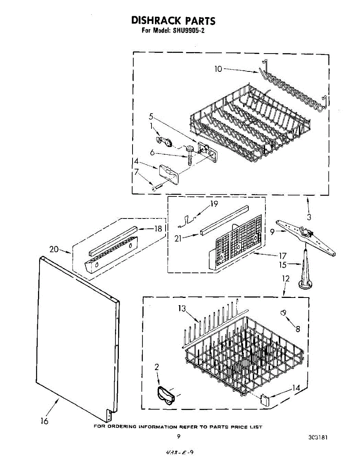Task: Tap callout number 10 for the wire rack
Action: [218, 69]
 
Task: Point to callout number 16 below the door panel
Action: [44, 421]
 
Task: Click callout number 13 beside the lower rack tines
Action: [182, 309]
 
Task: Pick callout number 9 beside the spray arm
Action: [272, 231]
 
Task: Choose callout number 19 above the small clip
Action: [214, 204]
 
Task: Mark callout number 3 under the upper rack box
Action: [309, 217]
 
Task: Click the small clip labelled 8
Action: [283, 312]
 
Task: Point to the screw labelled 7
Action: [157, 187]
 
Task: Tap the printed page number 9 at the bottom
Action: [178, 437]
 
